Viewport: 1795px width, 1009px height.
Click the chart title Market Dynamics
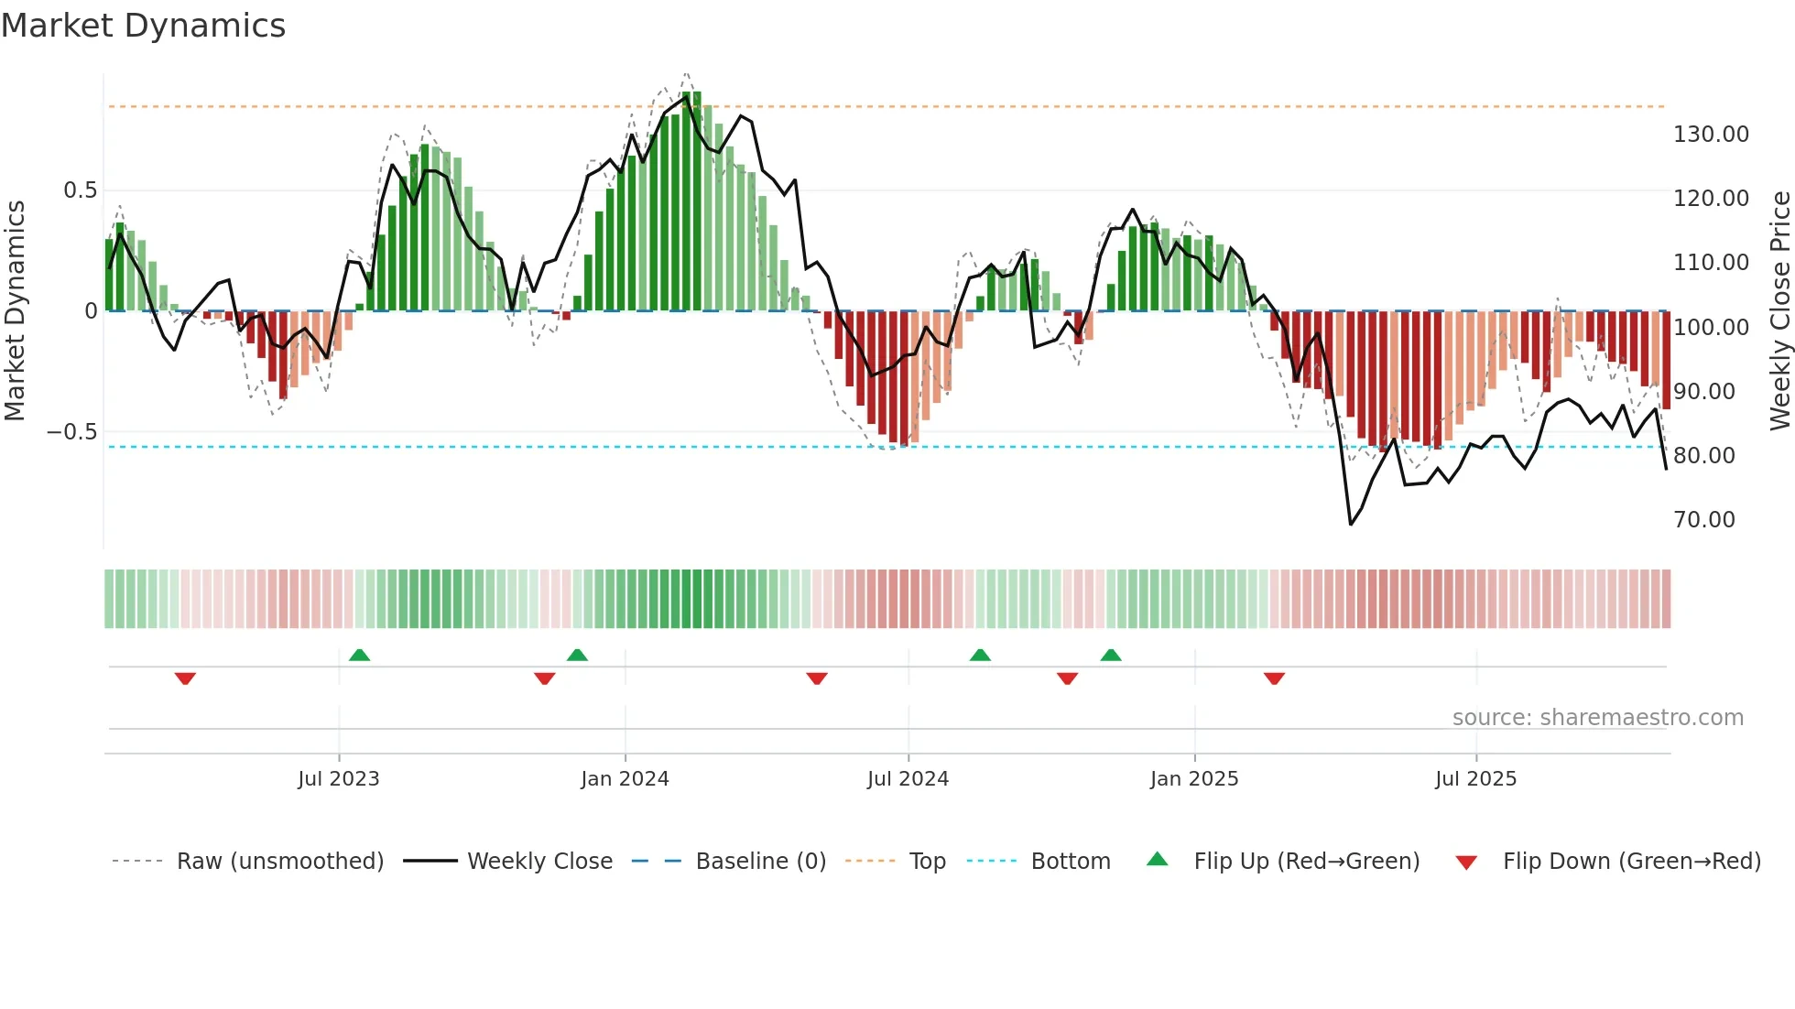(x=143, y=26)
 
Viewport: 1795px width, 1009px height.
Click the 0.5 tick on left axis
(x=80, y=190)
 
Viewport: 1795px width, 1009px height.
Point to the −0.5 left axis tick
(x=71, y=432)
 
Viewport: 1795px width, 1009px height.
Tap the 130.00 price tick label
(x=1711, y=135)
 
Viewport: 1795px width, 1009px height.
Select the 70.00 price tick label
(x=1704, y=520)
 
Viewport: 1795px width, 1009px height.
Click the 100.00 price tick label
(x=1711, y=327)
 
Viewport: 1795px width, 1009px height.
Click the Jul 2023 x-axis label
(x=338, y=779)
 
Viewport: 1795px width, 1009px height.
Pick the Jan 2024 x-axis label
(x=625, y=779)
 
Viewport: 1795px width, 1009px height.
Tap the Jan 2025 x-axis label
(x=1194, y=779)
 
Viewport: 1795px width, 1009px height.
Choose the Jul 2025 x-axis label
(x=1475, y=779)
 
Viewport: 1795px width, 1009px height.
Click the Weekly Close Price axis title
(x=1779, y=310)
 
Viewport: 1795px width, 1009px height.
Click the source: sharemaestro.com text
(x=1597, y=718)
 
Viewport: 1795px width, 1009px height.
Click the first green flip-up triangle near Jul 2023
(x=359, y=655)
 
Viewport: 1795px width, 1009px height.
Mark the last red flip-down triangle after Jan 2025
(x=1274, y=678)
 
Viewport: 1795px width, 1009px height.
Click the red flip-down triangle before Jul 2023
(x=185, y=678)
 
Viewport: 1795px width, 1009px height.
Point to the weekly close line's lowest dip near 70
(x=1351, y=524)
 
